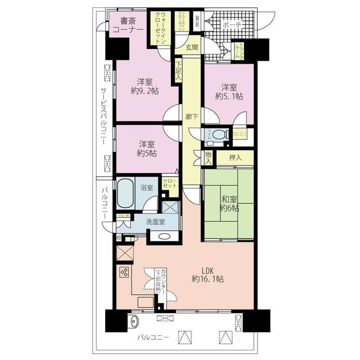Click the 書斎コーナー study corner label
[x=128, y=27]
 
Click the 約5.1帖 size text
[x=228, y=96]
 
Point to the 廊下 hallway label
[x=191, y=117]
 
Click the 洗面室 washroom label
[x=155, y=222]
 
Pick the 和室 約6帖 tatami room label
[x=229, y=202]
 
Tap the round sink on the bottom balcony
[x=133, y=322]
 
